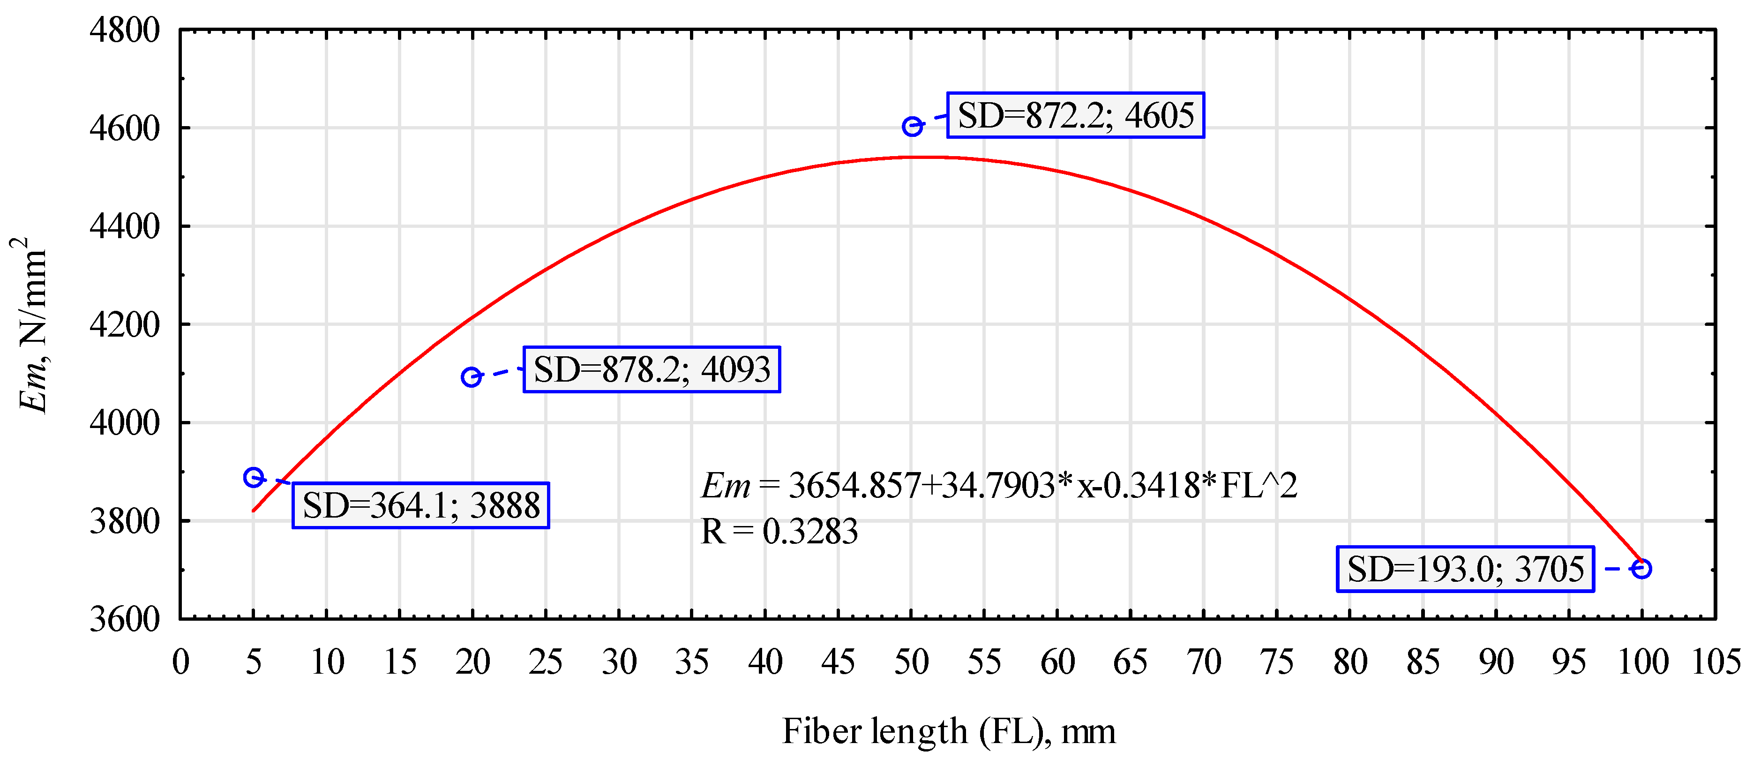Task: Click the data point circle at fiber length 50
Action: pos(912,127)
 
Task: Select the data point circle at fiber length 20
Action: pos(471,376)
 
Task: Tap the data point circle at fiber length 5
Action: pos(253,477)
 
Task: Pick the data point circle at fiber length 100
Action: pos(1641,568)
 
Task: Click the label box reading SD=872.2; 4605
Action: pos(1075,115)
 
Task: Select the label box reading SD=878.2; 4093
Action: pos(651,369)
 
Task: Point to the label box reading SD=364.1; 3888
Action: pos(420,505)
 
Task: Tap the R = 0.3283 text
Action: pos(779,532)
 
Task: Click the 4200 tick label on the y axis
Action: pos(125,325)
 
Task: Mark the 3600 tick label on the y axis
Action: pos(125,619)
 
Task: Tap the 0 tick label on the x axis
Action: pos(180,661)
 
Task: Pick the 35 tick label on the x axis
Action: pos(691,661)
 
